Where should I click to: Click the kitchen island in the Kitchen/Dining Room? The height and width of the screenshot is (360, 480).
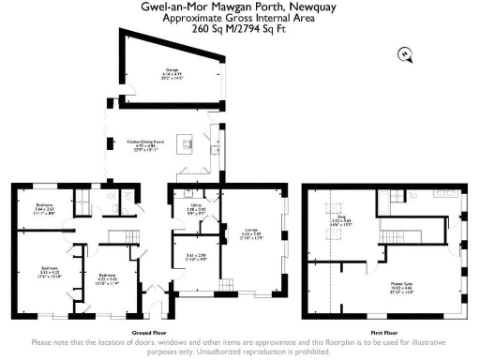pos(185,143)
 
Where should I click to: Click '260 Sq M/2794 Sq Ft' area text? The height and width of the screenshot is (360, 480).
pos(240,29)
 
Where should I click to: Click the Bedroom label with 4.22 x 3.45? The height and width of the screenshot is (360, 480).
pos(106,277)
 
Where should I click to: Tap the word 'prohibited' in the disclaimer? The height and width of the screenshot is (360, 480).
pos(308,352)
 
